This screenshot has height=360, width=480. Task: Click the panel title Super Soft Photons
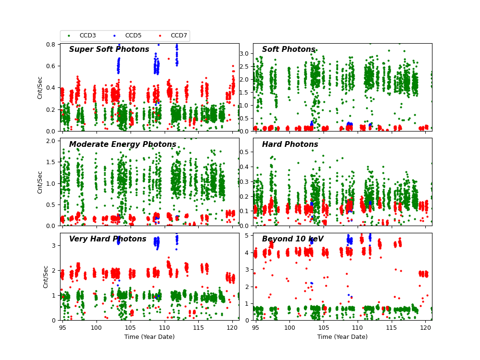click(109, 49)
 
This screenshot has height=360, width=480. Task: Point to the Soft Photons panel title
click(288, 49)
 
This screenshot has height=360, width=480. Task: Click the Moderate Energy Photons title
click(122, 144)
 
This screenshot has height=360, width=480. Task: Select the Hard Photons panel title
click(290, 144)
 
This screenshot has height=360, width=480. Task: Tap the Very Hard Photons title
click(108, 239)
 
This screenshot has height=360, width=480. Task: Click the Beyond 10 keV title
click(292, 239)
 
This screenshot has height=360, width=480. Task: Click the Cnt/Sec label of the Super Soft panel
click(40, 87)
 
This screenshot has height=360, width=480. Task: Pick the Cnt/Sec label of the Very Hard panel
click(46, 276)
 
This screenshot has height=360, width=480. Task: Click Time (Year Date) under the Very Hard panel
click(149, 337)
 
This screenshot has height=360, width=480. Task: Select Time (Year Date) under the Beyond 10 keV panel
click(342, 337)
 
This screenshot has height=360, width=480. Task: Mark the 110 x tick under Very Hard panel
click(165, 327)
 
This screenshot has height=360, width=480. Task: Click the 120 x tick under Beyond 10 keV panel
click(425, 327)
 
